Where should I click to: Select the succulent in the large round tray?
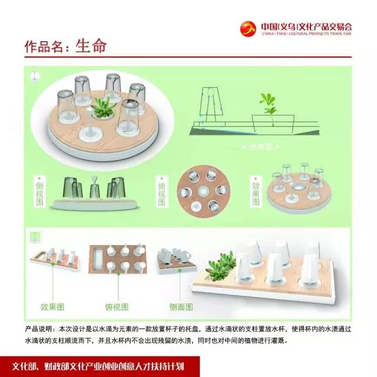coord(106,107)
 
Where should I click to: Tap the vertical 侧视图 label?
coord(40,191)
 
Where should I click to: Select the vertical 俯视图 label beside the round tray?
coord(163,191)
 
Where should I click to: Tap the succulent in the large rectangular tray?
coord(220,263)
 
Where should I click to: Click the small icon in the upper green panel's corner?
coord(35,76)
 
